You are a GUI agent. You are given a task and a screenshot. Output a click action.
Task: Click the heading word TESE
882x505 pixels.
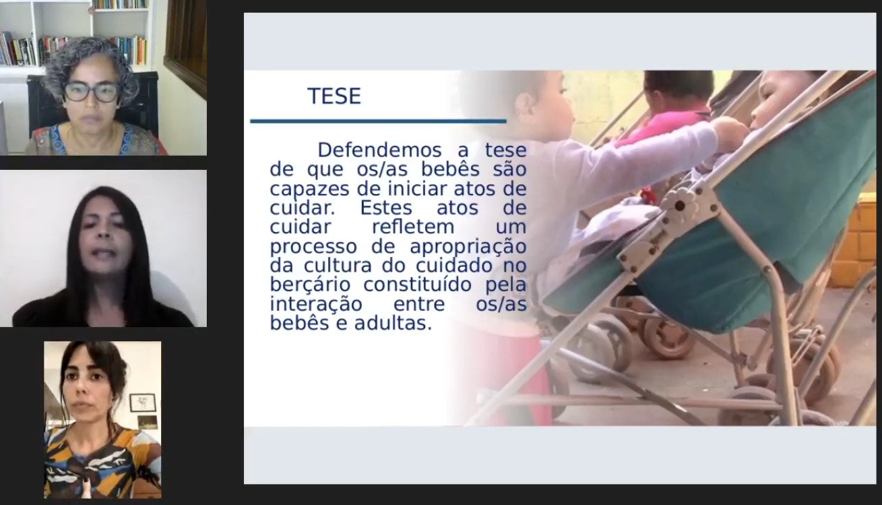(334, 96)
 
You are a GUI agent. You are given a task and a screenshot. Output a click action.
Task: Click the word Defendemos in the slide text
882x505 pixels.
(379, 150)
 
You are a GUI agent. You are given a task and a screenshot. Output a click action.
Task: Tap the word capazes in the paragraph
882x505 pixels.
(309, 189)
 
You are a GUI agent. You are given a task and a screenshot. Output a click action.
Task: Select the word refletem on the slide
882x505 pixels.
(413, 227)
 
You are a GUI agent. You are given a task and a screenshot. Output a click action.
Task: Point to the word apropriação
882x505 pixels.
(468, 247)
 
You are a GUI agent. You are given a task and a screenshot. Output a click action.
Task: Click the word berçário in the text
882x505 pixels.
(310, 285)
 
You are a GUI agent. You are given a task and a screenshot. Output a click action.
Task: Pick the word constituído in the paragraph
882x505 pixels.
(417, 285)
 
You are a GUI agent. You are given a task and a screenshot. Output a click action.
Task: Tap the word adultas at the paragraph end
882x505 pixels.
(393, 324)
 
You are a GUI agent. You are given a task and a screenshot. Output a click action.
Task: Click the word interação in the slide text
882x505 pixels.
(316, 304)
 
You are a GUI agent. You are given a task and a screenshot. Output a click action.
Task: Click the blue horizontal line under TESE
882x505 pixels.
(378, 121)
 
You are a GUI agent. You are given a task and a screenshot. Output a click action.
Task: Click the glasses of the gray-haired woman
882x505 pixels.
(91, 92)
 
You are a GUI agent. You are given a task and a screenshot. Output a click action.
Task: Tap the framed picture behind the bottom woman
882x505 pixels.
(143, 403)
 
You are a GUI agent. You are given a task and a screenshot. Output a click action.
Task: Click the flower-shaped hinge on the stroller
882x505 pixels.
(679, 204)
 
